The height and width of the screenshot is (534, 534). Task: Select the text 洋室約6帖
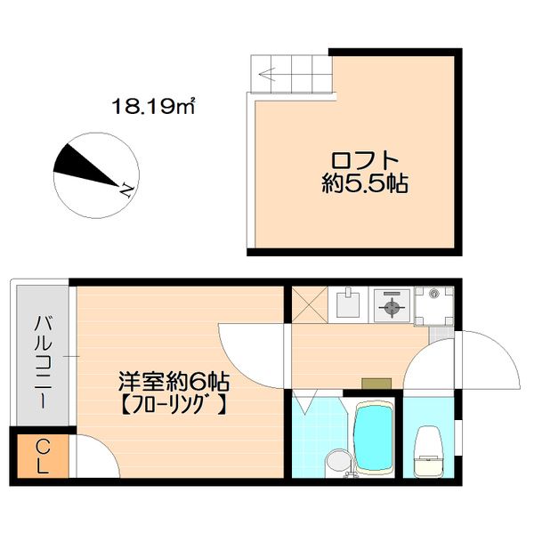coord(174,383)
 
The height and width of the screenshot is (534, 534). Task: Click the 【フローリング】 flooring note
coord(174,407)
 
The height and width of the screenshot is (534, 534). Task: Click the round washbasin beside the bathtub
coord(336,461)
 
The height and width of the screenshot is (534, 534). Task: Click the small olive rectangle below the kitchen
coord(375,384)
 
